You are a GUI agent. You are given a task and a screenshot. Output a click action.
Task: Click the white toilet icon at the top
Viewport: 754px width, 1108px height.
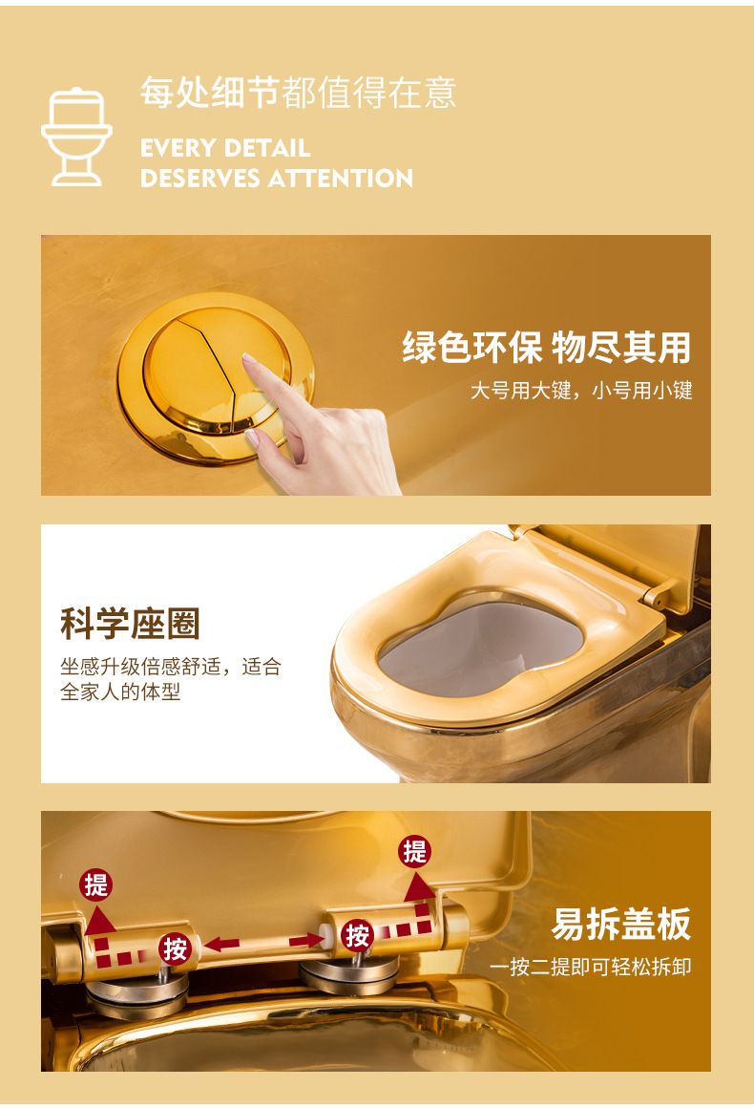pyautogui.click(x=76, y=137)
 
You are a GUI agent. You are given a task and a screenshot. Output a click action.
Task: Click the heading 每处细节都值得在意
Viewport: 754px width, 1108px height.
pyautogui.click(x=298, y=93)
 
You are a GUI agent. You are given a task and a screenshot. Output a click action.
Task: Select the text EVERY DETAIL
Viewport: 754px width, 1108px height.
pyautogui.click(x=225, y=148)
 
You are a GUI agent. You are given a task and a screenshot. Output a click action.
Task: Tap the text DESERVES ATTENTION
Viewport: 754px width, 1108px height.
pyautogui.click(x=277, y=178)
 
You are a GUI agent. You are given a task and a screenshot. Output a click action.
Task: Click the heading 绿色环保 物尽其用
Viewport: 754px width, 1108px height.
pyautogui.click(x=547, y=346)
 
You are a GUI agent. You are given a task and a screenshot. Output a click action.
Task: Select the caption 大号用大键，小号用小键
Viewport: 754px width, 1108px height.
pyautogui.click(x=581, y=390)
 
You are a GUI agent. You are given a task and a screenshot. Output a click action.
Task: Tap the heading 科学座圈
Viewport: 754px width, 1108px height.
pyautogui.click(x=130, y=623)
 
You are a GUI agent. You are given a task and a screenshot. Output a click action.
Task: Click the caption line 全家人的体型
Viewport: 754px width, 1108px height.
pyautogui.click(x=120, y=692)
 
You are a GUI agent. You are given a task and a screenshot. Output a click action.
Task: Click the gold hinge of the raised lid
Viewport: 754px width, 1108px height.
pyautogui.click(x=658, y=596)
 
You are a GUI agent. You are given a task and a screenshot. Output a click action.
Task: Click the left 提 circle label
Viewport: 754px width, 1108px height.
pyautogui.click(x=96, y=884)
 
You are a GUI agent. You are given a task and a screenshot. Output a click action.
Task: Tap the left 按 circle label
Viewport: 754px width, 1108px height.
pyautogui.click(x=175, y=949)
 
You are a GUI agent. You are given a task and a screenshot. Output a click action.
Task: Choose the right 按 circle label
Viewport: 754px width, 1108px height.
pyautogui.click(x=357, y=935)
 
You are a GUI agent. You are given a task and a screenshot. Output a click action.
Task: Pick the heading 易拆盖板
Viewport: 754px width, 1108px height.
pyautogui.click(x=621, y=924)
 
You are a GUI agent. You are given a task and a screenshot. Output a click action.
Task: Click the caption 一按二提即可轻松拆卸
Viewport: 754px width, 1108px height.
pyautogui.click(x=590, y=967)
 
